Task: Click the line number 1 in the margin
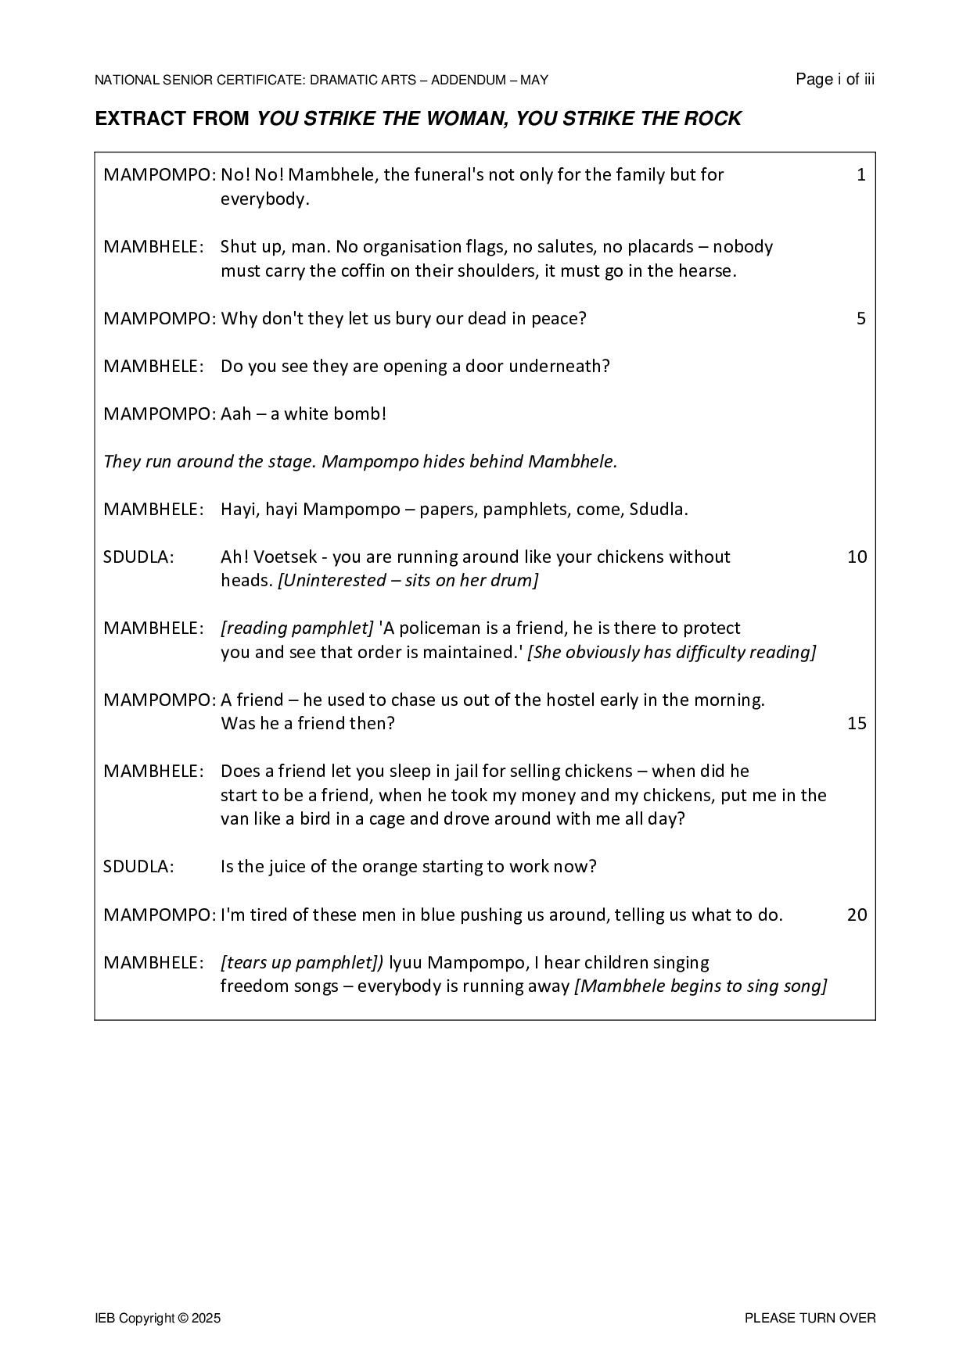861,175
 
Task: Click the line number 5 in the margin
861,319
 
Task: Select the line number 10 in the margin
857,557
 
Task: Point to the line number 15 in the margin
857,724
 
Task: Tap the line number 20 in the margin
857,915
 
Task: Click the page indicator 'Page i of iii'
835,79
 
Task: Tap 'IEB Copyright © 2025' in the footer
158,1319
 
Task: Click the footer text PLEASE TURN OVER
810,1319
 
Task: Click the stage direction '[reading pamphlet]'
297,628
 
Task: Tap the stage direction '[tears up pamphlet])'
302,962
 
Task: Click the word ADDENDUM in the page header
467,80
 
